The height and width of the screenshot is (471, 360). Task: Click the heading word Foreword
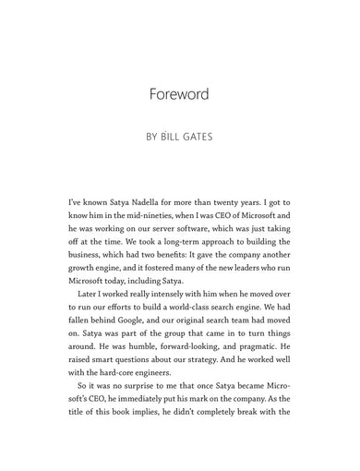click(x=179, y=94)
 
